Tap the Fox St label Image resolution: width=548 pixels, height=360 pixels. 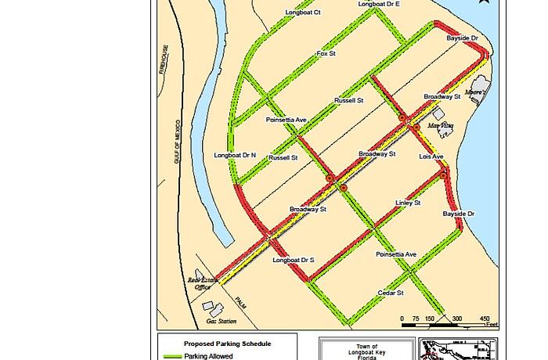[x=326, y=54]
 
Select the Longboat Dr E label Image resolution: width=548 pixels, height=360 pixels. [x=379, y=4]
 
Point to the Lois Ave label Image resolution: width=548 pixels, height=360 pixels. [x=431, y=157]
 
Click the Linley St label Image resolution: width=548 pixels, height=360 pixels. [x=408, y=203]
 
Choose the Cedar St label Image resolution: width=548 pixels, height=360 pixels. [x=390, y=293]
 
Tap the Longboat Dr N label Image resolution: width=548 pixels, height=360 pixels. [x=235, y=156]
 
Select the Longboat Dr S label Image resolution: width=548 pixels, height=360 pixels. [x=293, y=260]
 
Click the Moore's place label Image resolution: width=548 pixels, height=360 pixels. [x=476, y=92]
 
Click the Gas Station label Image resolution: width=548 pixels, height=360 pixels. [x=221, y=321]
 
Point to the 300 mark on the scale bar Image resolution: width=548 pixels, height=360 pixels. [x=457, y=319]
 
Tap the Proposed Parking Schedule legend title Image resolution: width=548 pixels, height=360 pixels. [x=228, y=344]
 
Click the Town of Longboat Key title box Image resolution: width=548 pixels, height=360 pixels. [x=366, y=349]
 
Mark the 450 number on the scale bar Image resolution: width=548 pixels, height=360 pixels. [x=485, y=319]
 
